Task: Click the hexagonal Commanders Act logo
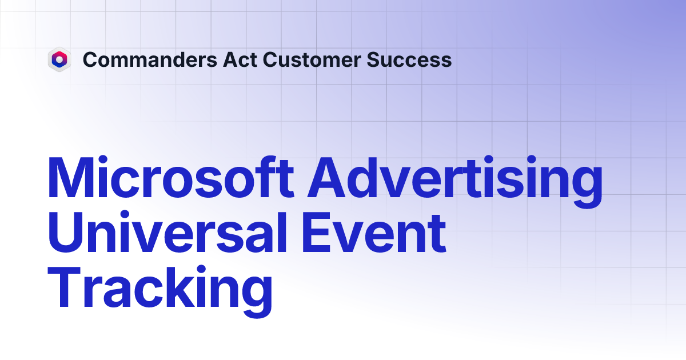[59, 59]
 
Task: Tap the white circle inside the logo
[59, 59]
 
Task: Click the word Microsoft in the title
[171, 179]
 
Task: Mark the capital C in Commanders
[89, 59]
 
